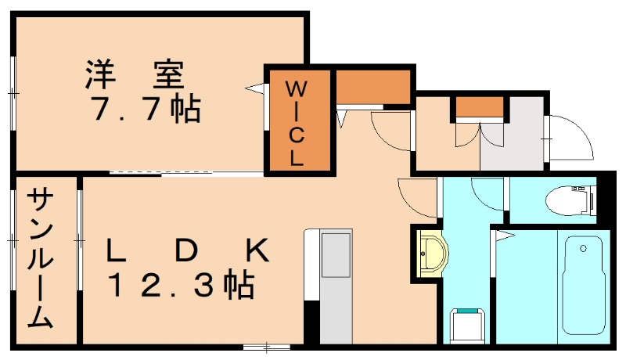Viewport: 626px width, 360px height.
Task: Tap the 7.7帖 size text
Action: pos(146,109)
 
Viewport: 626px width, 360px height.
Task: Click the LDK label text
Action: pos(188,250)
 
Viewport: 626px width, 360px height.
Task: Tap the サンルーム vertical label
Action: pos(41,259)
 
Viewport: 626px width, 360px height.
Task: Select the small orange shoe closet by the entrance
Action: pos(479,106)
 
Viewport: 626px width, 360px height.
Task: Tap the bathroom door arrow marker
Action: pos(504,234)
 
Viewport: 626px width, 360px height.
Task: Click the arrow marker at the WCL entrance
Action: pos(255,88)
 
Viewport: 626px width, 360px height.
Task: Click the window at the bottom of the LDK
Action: pos(266,345)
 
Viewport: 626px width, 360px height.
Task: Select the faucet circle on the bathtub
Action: pos(582,249)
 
